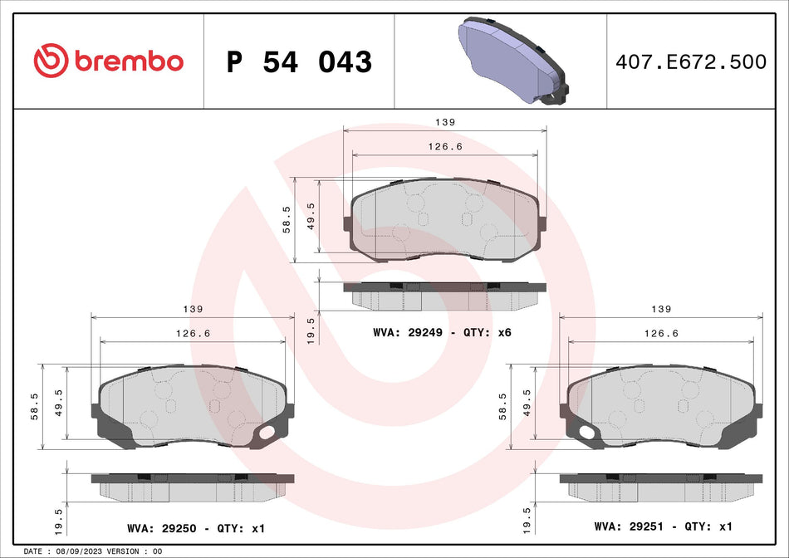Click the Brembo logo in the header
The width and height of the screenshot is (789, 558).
coord(108,61)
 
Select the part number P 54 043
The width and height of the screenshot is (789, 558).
coord(299,62)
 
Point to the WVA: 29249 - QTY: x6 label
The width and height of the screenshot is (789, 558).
coord(442,332)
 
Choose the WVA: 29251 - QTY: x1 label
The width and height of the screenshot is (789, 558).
coord(663,526)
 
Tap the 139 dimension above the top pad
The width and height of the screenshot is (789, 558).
coord(445,122)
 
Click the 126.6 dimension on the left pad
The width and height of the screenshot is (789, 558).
coord(192,333)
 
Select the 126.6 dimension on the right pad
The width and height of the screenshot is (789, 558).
coord(661,333)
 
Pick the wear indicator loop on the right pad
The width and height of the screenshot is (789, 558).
coord(587,433)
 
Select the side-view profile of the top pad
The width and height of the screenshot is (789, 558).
coord(445,293)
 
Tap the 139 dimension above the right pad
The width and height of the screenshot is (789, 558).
coord(661,309)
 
